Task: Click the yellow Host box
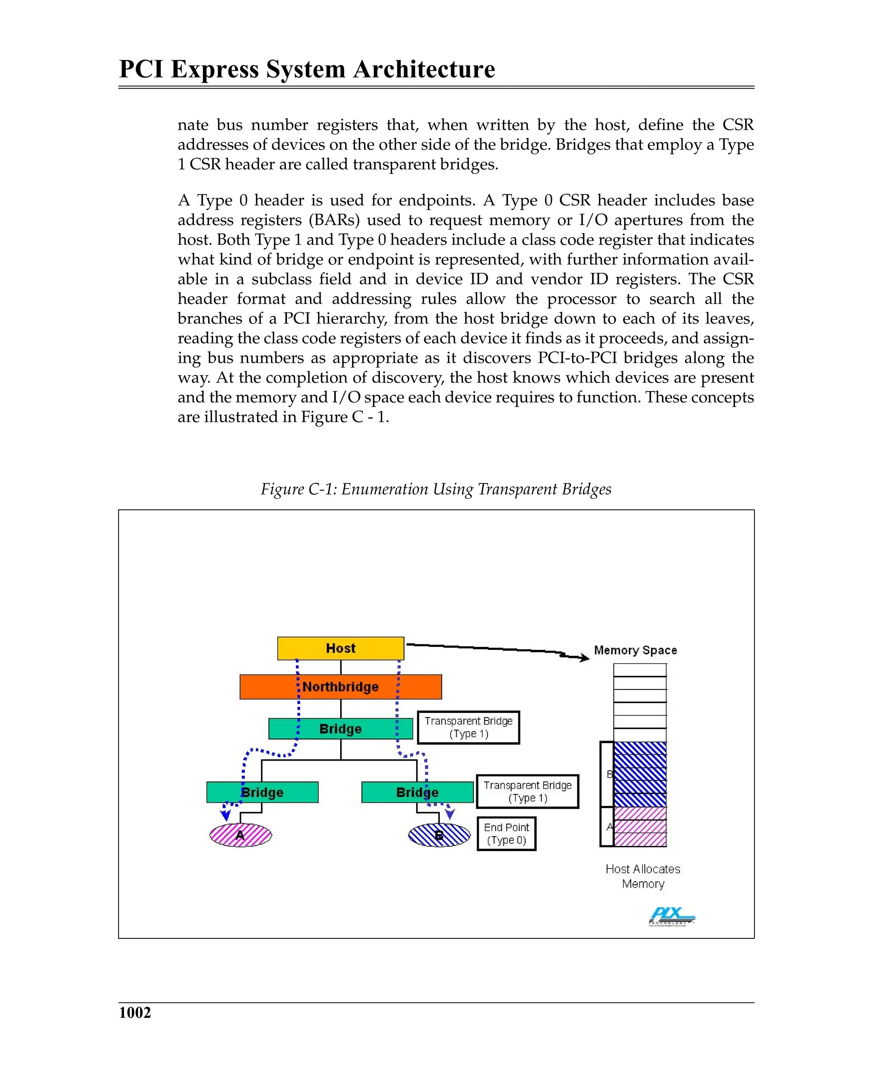(x=341, y=648)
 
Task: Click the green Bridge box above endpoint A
(x=262, y=792)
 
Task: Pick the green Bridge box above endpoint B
(x=417, y=792)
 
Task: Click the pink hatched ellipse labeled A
(x=240, y=836)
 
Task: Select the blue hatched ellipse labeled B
(x=439, y=836)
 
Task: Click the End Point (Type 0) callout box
(x=506, y=834)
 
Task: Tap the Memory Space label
(x=635, y=650)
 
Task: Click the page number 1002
(x=135, y=1012)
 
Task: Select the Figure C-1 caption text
(x=436, y=489)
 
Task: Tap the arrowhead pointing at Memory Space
(x=584, y=657)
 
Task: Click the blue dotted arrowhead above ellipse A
(x=226, y=815)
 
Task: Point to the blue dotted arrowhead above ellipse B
(x=450, y=814)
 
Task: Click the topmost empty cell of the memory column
(x=640, y=670)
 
